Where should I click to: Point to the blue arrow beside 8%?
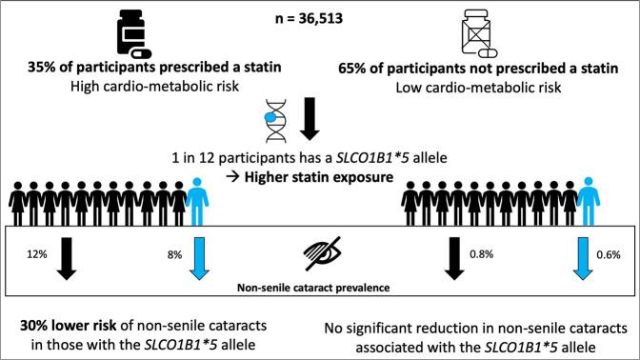tap(197, 258)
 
